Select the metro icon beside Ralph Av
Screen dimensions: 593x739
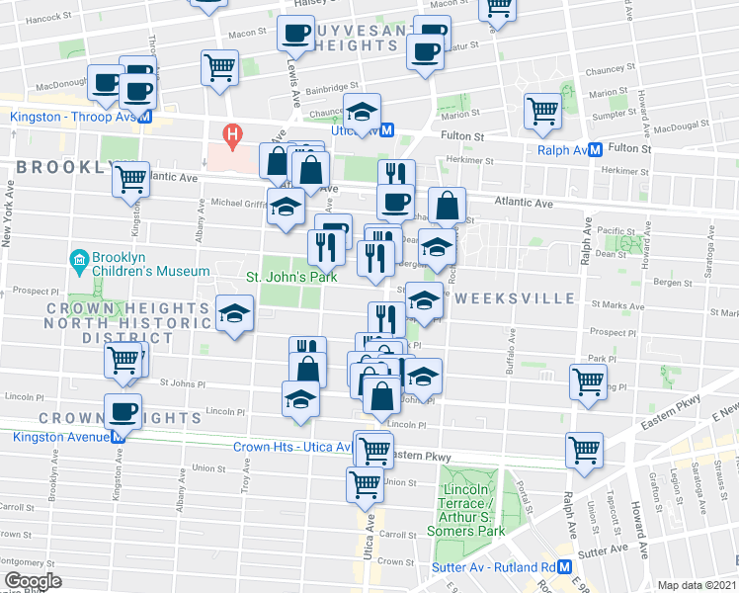pyautogui.click(x=596, y=150)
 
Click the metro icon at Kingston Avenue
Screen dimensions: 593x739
pyautogui.click(x=118, y=436)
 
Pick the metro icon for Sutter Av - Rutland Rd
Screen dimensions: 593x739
pyautogui.click(x=564, y=567)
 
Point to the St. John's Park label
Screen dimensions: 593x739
pyautogui.click(x=290, y=276)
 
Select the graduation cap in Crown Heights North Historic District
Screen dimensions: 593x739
pyautogui.click(x=233, y=312)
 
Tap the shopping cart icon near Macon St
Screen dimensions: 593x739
pyautogui.click(x=219, y=66)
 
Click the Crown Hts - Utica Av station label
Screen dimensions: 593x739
pyautogui.click(x=292, y=447)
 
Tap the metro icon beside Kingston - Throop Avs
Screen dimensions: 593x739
pyautogui.click(x=144, y=117)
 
